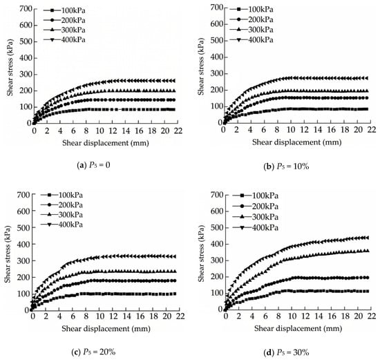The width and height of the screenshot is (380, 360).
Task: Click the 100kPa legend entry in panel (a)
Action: (64, 10)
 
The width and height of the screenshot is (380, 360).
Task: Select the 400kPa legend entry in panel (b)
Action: (251, 40)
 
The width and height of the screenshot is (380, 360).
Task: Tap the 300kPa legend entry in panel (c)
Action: (61, 215)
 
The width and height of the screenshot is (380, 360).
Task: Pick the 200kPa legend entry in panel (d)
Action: (255, 207)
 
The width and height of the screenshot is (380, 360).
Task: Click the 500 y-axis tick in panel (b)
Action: (216, 41)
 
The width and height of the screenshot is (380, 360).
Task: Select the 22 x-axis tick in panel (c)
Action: (180, 316)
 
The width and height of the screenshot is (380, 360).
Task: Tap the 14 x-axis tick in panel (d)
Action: (319, 316)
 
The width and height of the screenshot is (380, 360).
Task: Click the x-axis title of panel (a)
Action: (106, 143)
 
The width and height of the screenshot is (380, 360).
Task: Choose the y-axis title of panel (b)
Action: (200, 66)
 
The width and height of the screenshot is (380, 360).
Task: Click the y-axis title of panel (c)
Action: (8, 254)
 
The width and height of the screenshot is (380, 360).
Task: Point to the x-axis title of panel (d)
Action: (298, 328)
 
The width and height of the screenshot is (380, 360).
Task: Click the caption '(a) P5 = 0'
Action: (93, 165)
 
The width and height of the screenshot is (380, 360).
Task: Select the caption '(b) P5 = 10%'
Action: (286, 167)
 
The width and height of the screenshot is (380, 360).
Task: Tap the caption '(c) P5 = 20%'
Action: (93, 352)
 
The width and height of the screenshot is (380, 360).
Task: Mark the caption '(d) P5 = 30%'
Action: (286, 352)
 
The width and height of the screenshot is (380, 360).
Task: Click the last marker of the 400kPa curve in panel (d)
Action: (368, 238)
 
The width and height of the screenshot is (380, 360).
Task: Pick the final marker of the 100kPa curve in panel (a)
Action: (173, 110)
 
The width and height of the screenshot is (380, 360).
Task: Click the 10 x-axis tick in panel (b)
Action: (291, 130)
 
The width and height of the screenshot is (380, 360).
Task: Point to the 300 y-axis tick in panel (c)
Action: (23, 260)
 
